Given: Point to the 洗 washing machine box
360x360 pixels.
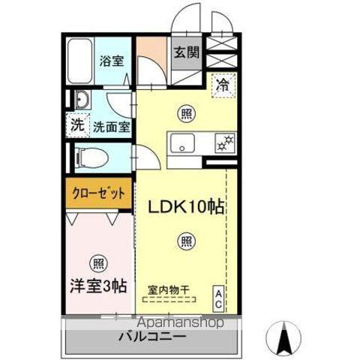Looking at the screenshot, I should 78,126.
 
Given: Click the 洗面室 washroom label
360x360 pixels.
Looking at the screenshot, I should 111,127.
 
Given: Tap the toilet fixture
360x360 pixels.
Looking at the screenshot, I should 90,158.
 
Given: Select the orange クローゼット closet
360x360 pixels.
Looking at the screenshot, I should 98,193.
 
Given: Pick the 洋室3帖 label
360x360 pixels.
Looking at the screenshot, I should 98,285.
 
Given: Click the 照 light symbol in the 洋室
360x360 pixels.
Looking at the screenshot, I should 97,263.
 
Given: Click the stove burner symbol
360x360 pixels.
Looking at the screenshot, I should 223,141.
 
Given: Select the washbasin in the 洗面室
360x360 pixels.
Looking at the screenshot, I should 82,100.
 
